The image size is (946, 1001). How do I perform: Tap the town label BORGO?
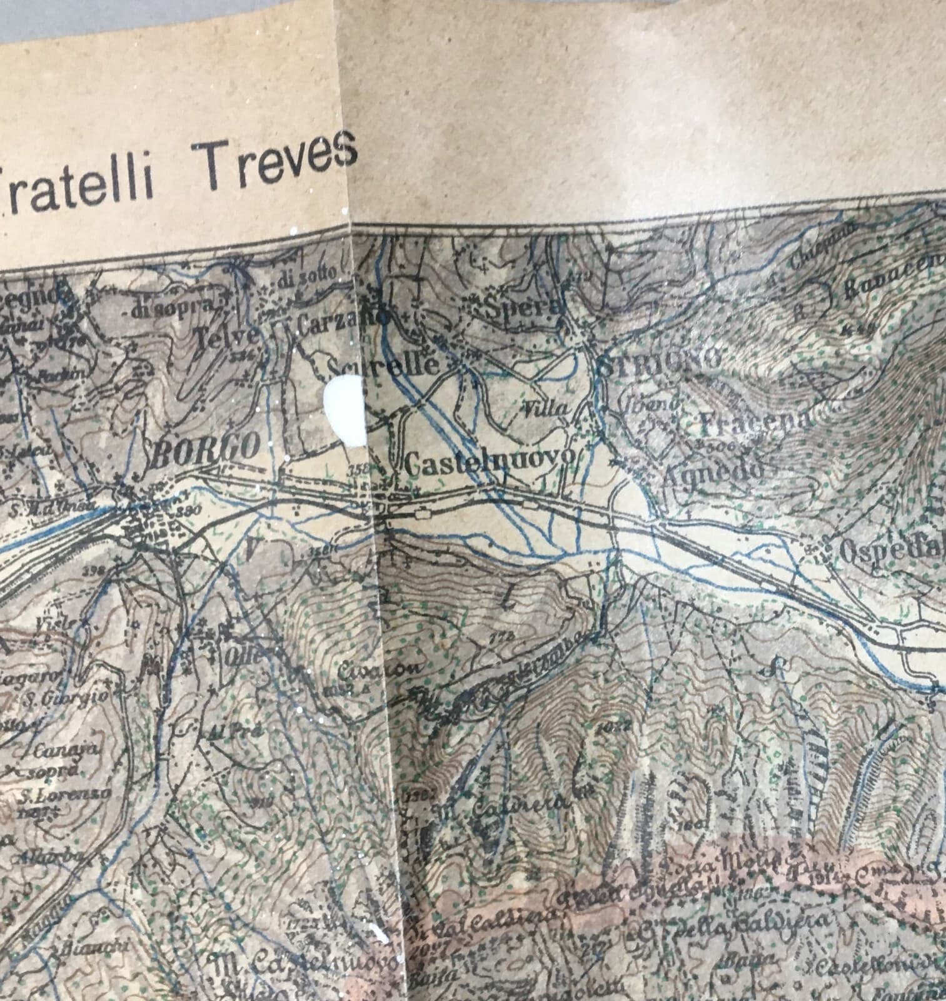pos(206,447)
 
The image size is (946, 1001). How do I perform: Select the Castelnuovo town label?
pos(490,461)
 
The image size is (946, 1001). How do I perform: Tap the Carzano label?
pos(341,322)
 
